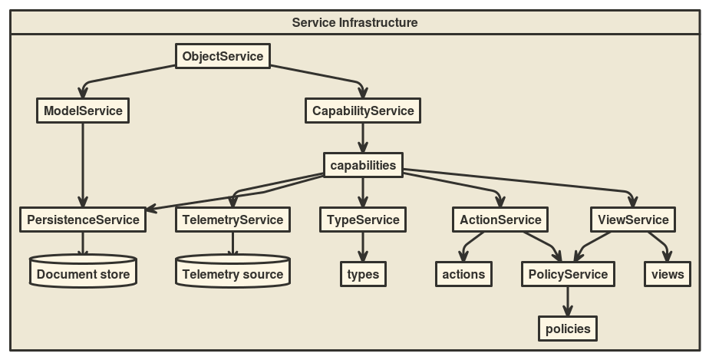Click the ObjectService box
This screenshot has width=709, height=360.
[223, 56]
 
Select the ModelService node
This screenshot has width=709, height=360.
[83, 111]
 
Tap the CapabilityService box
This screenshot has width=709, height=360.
[363, 111]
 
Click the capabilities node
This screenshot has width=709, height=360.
[363, 165]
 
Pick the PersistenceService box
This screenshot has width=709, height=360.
[83, 220]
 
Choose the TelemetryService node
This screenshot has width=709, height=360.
[232, 220]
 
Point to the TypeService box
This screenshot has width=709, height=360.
[363, 220]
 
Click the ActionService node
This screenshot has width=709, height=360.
[500, 220]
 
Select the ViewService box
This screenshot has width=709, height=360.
[633, 220]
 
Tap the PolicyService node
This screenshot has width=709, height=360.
[568, 274]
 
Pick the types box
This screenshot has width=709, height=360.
[363, 274]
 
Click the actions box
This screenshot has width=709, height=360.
[463, 274]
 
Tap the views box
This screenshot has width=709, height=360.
[667, 274]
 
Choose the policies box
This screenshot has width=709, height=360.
[568, 329]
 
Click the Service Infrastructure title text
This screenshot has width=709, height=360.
[354, 22]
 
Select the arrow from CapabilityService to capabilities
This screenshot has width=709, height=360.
[363, 137]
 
